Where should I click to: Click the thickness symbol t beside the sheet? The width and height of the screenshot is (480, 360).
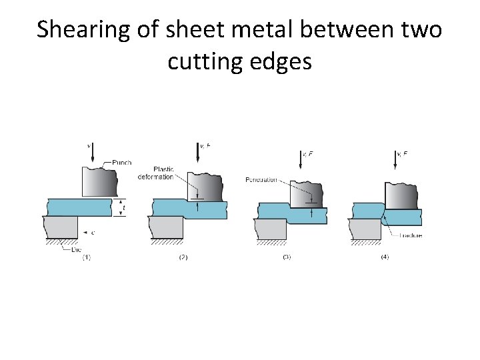point(124,207)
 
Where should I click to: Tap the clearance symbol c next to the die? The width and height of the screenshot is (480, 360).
point(93,232)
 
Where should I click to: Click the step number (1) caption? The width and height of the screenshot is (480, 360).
point(86,257)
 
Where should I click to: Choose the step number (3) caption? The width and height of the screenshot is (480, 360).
point(287,257)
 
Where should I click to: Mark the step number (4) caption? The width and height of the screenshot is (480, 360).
point(383,257)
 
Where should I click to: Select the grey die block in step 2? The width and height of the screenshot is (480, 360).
point(167,227)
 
